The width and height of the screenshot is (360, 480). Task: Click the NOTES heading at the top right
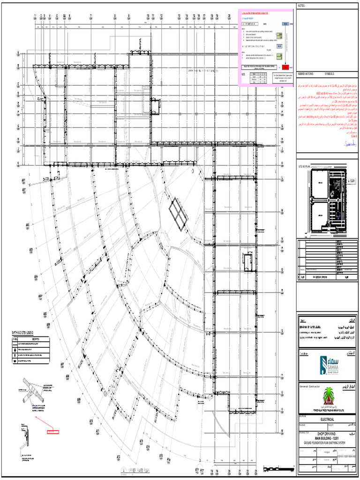click(302, 6)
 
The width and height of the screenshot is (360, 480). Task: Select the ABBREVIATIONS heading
click(307, 74)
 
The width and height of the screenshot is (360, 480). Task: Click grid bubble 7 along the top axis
click(91, 15)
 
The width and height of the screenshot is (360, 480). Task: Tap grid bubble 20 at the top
click(229, 15)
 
